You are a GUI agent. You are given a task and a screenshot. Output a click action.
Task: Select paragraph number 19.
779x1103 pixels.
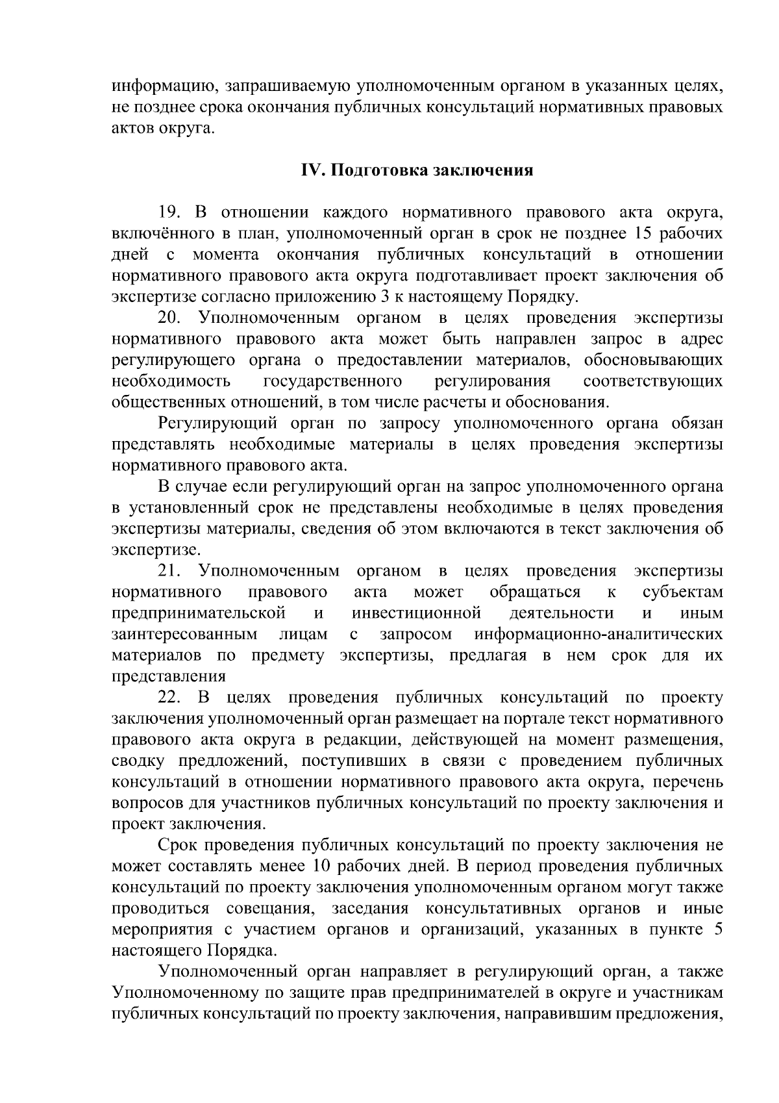tap(171, 212)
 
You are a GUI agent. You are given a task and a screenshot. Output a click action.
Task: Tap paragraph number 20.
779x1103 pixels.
tap(171, 318)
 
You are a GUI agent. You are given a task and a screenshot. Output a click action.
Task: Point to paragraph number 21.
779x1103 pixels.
tap(171, 572)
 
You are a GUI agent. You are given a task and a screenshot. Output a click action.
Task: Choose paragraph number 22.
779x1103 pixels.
tap(171, 698)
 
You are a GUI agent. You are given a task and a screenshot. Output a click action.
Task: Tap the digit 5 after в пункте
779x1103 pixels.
tap(718, 930)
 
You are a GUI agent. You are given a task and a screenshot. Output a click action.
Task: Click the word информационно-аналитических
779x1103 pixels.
tap(599, 635)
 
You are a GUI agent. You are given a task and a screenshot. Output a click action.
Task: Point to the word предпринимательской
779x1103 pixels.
tap(199, 614)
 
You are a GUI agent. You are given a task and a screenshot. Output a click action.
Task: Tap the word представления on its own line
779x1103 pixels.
tap(169, 677)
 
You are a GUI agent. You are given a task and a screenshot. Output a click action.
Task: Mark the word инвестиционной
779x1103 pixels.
tap(416, 614)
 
